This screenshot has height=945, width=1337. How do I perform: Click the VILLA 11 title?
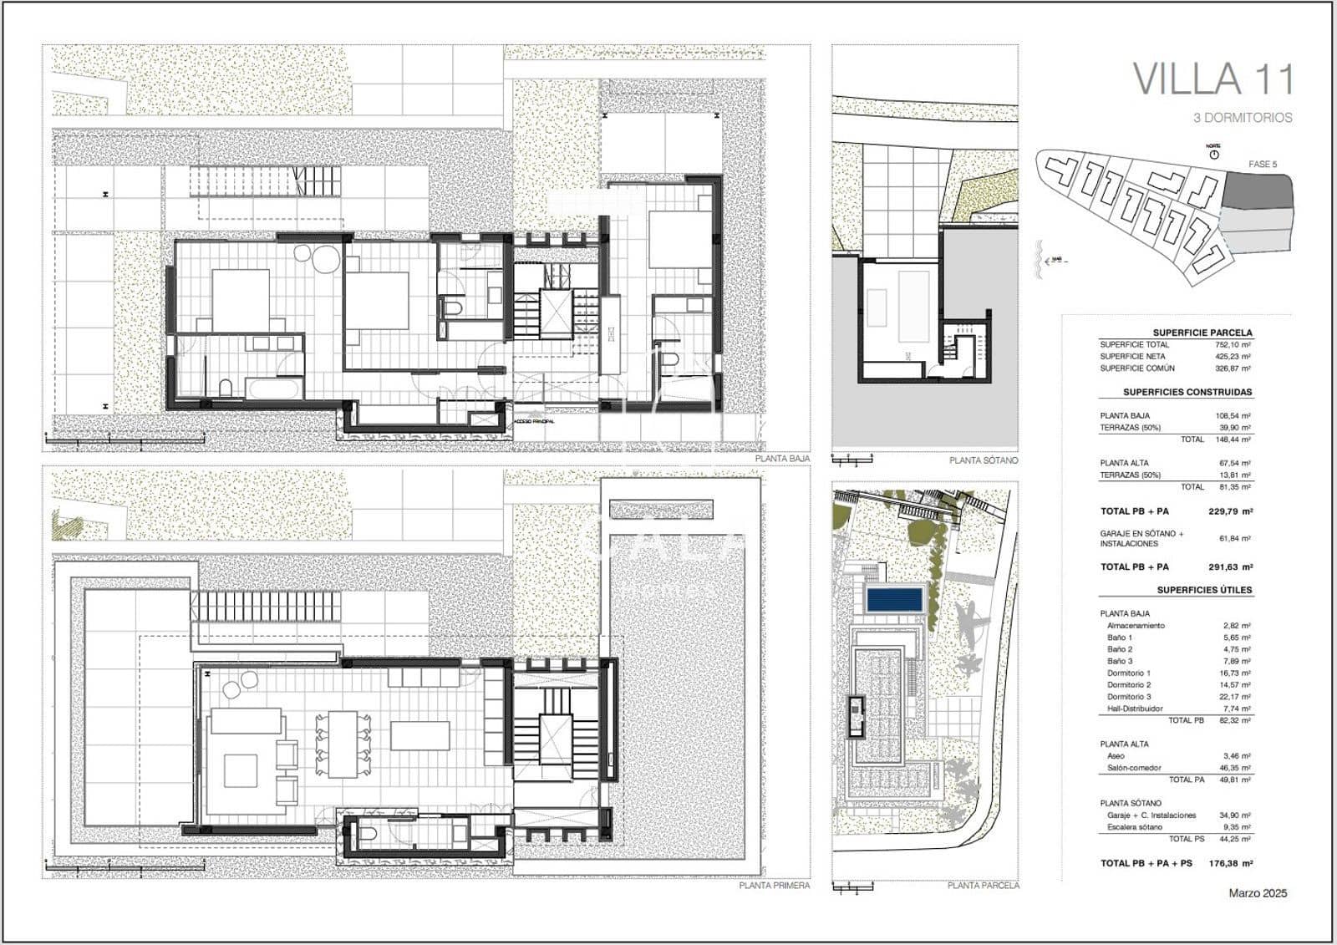[1212, 79]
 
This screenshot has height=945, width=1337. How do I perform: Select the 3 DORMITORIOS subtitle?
[1243, 118]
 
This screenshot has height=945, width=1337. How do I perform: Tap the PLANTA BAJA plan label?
[782, 459]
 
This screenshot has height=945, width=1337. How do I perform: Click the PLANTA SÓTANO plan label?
[984, 460]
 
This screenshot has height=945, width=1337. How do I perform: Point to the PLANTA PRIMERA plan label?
[774, 886]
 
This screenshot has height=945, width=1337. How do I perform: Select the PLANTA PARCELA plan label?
[983, 886]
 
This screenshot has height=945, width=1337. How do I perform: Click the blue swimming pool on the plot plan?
[894, 599]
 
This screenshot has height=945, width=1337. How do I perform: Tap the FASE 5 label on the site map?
[1262, 164]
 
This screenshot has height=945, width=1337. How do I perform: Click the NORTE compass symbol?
[1213, 154]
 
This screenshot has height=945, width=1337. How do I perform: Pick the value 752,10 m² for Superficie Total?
[1233, 344]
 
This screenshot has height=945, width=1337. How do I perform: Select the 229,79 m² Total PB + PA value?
[1230, 511]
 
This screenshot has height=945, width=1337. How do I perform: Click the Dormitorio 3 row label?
[1128, 697]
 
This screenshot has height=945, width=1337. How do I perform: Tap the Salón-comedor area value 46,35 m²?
[1234, 768]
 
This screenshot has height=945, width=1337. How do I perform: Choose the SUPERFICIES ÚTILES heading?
[1204, 590]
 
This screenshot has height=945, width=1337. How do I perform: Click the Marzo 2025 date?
[1258, 893]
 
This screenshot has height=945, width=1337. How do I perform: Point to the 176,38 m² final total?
[1230, 863]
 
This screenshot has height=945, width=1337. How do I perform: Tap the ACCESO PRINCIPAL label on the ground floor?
[534, 422]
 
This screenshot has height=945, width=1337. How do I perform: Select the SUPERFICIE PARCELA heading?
[1202, 333]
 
